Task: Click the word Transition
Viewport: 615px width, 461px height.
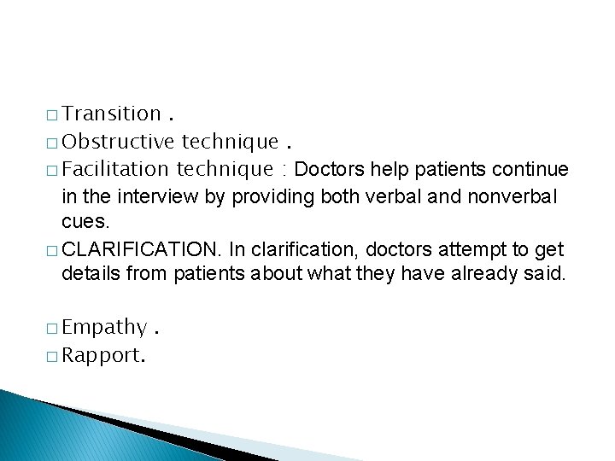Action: [112, 114]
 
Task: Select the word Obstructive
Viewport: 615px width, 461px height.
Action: [119, 141]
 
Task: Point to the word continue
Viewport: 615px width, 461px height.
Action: [530, 168]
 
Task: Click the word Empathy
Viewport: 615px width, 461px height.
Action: [104, 328]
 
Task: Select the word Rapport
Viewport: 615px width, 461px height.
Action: [103, 355]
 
